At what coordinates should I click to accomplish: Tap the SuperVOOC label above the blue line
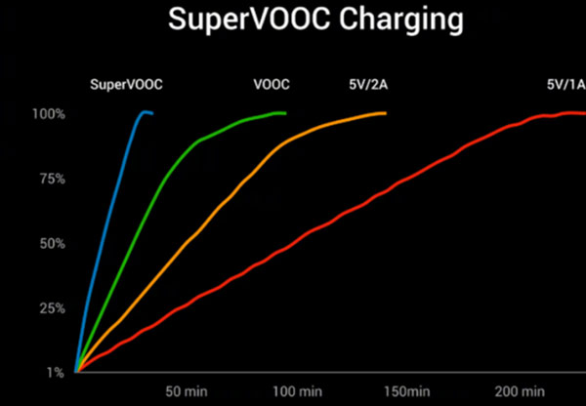pos(126,84)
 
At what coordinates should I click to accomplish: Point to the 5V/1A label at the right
pos(565,84)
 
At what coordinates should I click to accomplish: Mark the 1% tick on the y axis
pos(55,372)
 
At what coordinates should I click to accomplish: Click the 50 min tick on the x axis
pos(186,391)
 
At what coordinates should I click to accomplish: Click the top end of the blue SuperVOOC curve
pos(146,112)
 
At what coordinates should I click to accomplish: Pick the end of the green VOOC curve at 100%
pos(284,113)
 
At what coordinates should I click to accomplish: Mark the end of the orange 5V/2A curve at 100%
pos(385,113)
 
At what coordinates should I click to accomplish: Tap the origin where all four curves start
pos(76,372)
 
